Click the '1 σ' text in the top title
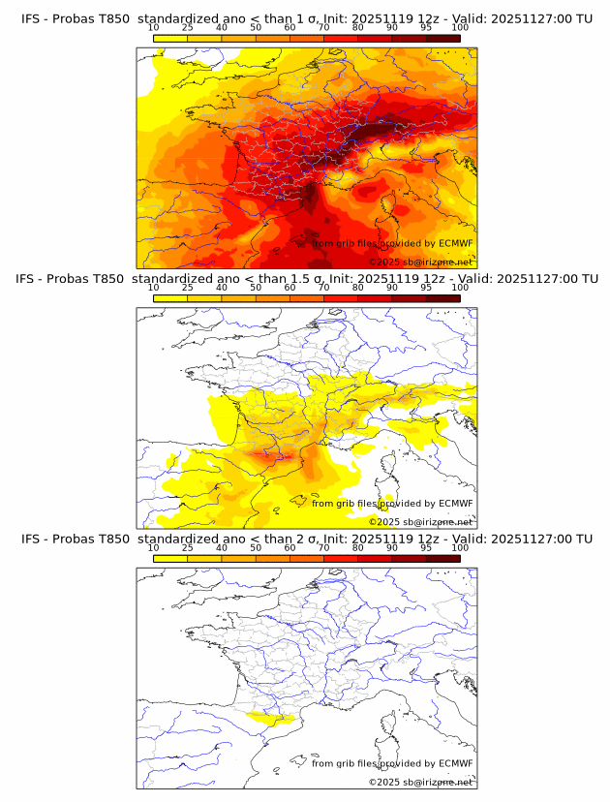[301, 18]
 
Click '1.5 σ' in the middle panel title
[307, 279]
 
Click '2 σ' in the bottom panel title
[301, 539]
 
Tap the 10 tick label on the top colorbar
[153, 27]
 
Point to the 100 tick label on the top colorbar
[460, 27]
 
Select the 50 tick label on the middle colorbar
[256, 288]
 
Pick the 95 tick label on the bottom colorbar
[426, 547]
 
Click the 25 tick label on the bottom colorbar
[187, 547]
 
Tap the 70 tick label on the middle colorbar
[323, 288]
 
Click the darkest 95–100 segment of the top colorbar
[442, 38]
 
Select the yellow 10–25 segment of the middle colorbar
[170, 298]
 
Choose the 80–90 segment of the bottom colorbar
[375, 558]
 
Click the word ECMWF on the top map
[455, 244]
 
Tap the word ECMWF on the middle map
[455, 504]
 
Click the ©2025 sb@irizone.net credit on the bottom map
[421, 782]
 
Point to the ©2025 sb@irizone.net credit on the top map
[421, 262]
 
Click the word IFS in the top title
[34, 18]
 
